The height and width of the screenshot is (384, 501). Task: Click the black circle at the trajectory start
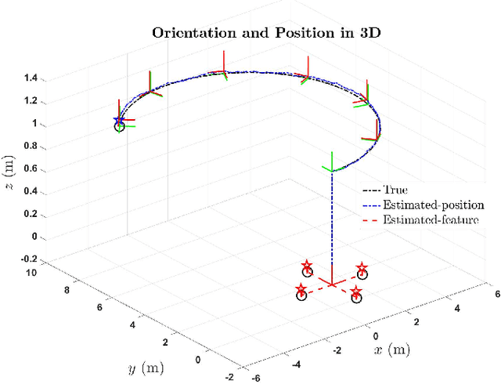120,127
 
